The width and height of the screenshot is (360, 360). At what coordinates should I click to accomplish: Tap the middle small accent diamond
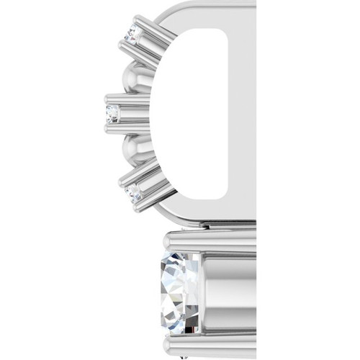[x=112, y=112]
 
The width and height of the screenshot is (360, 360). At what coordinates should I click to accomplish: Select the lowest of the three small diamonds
[x=131, y=192]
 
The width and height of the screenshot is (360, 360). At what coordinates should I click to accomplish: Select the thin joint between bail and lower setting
[x=209, y=225]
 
